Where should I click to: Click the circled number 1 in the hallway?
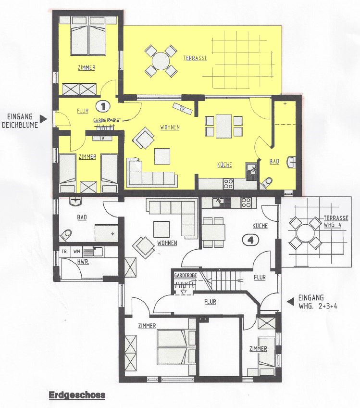(103, 106)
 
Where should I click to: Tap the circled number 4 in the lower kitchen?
(251, 240)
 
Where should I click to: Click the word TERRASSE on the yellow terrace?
(195, 58)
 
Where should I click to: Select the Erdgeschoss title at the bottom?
(77, 395)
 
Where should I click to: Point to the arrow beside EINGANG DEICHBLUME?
(43, 119)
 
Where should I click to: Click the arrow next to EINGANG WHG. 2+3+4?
(291, 302)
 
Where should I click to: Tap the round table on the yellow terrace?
(161, 62)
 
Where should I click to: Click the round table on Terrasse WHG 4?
(305, 232)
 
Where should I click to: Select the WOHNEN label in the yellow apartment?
(170, 127)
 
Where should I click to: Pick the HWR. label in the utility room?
(83, 262)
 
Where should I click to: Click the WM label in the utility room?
(76, 252)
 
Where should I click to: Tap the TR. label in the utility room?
(65, 252)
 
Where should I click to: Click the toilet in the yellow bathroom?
(267, 182)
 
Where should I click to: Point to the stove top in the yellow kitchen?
(228, 184)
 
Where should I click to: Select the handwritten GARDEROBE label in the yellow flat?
(107, 120)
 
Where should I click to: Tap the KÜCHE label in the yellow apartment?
(224, 165)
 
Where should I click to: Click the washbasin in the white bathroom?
(75, 201)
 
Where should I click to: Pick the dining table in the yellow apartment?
(223, 126)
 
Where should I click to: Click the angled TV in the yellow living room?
(183, 109)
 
